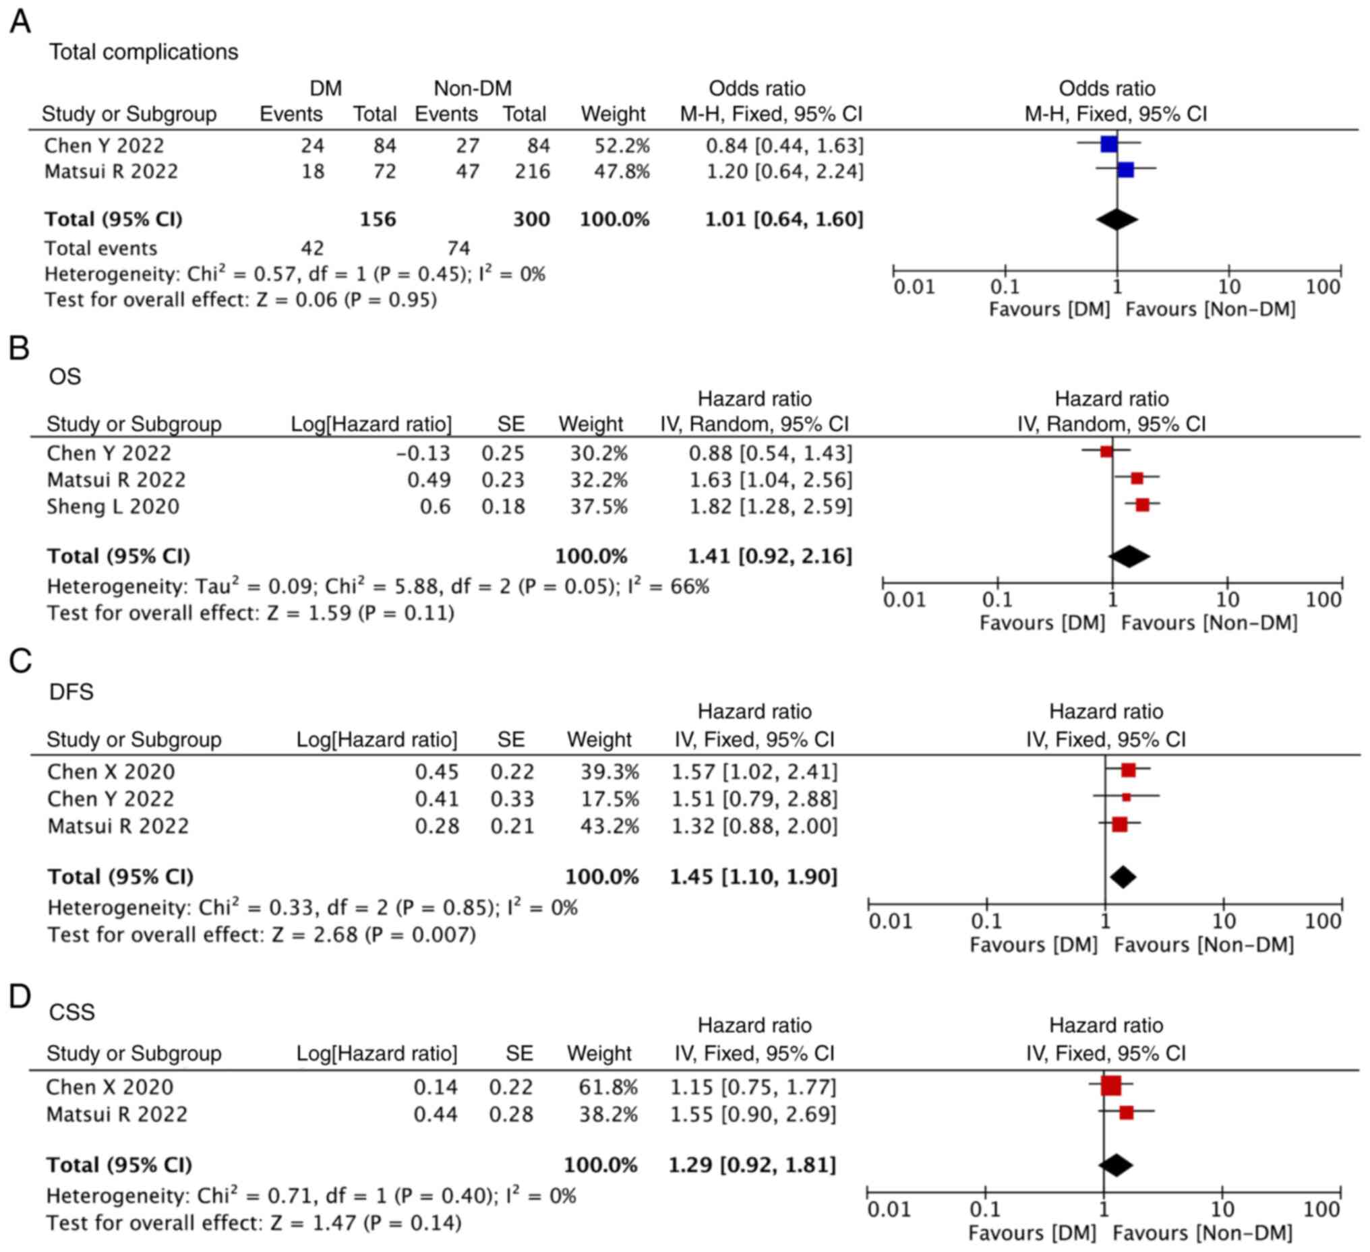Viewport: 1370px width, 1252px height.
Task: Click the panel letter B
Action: (19, 348)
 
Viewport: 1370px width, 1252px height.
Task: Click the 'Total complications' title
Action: (144, 53)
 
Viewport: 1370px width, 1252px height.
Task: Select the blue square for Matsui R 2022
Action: (1125, 170)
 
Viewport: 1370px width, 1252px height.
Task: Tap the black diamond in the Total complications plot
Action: (1116, 219)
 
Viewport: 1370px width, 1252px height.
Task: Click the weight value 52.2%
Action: (622, 146)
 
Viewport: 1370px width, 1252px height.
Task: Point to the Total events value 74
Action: (458, 248)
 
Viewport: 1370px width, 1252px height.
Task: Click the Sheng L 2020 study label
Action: (113, 507)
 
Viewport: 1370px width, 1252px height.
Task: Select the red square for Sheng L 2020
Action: (1142, 505)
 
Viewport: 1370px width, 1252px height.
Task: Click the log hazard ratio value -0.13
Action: (423, 453)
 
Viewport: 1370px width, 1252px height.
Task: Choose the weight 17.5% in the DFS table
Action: (609, 799)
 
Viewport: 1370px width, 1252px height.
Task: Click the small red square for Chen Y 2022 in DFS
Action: (1126, 797)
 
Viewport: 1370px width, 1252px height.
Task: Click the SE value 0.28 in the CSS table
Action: (511, 1114)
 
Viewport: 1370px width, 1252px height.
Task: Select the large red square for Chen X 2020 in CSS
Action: (1111, 1086)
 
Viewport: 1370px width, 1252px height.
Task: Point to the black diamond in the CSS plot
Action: (1116, 1165)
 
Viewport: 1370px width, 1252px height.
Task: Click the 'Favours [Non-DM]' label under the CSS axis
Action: (1202, 1233)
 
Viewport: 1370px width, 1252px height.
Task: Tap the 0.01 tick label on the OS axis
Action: (904, 600)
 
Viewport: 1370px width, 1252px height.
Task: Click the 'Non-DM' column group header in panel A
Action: (473, 88)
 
